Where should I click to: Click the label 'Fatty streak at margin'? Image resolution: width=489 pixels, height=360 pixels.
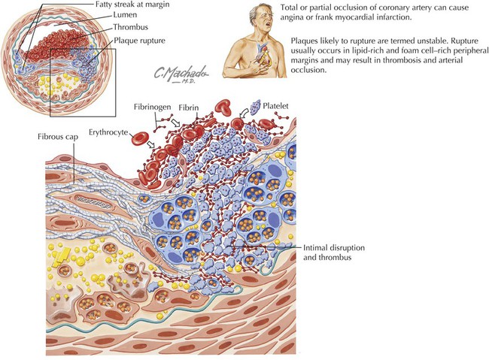pyautogui.click(x=132, y=5)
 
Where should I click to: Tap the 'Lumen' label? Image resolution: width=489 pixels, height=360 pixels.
pyautogui.click(x=125, y=14)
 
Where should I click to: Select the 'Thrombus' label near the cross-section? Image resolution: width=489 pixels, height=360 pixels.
pyautogui.click(x=130, y=27)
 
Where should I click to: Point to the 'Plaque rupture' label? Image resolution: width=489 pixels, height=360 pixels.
pyautogui.click(x=139, y=41)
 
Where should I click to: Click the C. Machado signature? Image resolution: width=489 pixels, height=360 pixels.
pyautogui.click(x=181, y=74)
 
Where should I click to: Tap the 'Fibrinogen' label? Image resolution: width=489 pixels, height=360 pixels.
pyautogui.click(x=153, y=107)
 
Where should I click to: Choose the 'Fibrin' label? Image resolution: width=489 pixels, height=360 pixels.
pyautogui.click(x=189, y=107)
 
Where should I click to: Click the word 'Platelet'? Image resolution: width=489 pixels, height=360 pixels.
pyautogui.click(x=275, y=106)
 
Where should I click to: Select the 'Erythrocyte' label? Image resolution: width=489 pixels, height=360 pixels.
pyautogui.click(x=108, y=132)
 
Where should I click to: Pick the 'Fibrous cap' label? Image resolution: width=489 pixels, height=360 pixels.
pyautogui.click(x=58, y=137)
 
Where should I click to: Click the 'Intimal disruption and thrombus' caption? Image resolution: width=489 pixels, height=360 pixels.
pyautogui.click(x=334, y=253)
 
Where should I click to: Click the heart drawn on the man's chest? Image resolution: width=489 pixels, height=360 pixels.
pyautogui.click(x=262, y=56)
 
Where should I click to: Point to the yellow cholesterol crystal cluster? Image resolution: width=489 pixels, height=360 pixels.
pyautogui.click(x=62, y=257)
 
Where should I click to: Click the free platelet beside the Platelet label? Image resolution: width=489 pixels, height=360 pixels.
pyautogui.click(x=256, y=107)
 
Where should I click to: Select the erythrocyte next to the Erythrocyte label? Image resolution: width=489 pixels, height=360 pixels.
pyautogui.click(x=141, y=139)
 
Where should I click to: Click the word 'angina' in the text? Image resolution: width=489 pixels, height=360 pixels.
pyautogui.click(x=291, y=17)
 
